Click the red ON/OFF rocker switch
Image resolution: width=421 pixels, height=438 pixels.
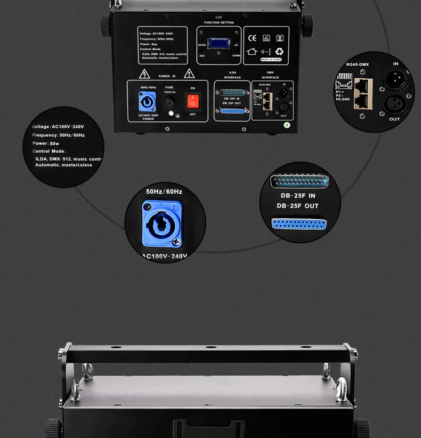click(192, 101)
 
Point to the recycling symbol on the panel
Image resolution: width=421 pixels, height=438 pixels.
click(279, 52)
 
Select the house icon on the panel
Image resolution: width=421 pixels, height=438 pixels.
click(253, 52)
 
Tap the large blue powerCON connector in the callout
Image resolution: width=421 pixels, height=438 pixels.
click(161, 224)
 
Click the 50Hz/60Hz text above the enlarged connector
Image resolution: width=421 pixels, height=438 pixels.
click(164, 192)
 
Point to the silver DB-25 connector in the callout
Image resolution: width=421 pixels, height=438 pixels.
click(299, 181)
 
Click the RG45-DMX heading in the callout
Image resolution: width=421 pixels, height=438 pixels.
click(357, 64)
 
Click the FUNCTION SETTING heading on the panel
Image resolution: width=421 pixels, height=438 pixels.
click(218, 23)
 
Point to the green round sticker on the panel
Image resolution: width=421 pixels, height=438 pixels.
click(286, 126)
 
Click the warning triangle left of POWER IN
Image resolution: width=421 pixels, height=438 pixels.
click(144, 74)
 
